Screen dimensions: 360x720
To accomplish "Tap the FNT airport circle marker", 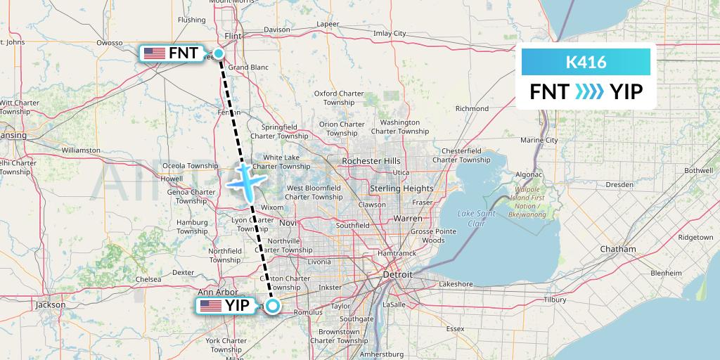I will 219,53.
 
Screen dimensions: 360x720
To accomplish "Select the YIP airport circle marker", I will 274,306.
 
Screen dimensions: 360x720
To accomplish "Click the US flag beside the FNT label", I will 153,53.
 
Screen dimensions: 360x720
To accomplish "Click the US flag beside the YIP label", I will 210,306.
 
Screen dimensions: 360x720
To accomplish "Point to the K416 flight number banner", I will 586,63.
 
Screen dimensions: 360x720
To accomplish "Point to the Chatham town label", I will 618,249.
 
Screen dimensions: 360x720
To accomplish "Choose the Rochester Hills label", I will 371,161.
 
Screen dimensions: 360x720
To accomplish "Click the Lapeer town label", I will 328,24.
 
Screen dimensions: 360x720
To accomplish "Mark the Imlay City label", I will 390,33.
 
